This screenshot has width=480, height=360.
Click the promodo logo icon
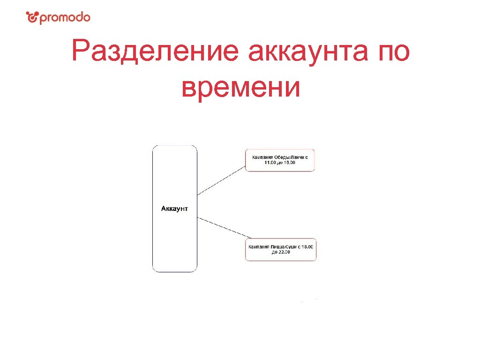(31, 18)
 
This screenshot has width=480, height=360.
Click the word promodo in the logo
(64, 18)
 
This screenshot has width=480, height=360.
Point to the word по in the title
(391, 52)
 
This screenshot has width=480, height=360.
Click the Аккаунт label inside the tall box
(174, 209)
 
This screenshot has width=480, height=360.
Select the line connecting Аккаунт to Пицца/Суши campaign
(221, 229)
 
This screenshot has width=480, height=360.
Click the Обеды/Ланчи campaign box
(280, 160)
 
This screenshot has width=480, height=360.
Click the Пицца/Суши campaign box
(281, 249)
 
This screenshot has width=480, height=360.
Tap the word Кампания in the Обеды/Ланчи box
(263, 157)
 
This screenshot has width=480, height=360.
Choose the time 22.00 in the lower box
(285, 252)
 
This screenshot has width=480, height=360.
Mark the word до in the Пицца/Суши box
(275, 252)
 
